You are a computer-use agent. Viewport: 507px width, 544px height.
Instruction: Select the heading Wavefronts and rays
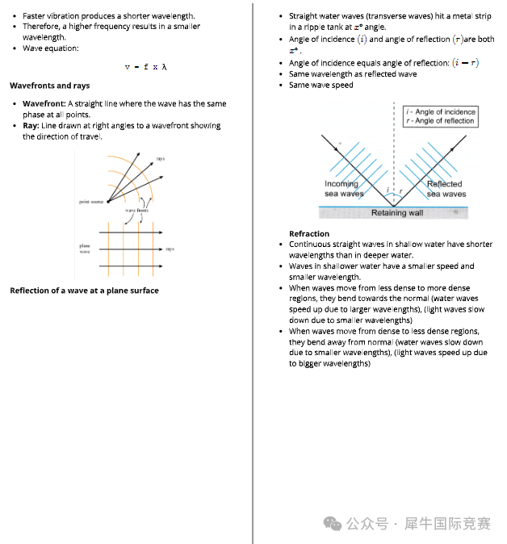pos(50,86)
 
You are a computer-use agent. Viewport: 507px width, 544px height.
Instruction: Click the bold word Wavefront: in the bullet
pos(44,104)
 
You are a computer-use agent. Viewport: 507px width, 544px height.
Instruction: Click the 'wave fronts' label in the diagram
pos(136,210)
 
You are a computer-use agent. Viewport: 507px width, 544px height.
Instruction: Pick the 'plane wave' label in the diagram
pos(85,249)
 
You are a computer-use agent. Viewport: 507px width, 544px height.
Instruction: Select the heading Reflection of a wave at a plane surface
pos(84,291)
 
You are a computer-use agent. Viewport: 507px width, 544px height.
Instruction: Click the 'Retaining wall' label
pos(396,213)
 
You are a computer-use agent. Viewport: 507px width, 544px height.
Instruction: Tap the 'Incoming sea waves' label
pos(344,189)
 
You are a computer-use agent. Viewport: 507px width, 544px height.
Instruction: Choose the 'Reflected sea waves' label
pos(446,189)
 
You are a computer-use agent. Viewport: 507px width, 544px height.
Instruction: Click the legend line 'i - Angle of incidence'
pos(442,112)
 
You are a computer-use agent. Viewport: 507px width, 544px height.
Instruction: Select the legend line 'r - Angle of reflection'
pos(441,121)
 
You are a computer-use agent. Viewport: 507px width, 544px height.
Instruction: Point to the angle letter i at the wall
pos(388,191)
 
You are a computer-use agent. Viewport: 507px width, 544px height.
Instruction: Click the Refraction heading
pos(309,234)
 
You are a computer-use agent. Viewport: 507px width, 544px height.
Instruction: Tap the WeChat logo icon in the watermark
pos(332,523)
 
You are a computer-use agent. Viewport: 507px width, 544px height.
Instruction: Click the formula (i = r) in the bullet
pos(464,63)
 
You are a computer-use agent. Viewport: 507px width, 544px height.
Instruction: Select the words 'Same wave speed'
pos(321,85)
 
